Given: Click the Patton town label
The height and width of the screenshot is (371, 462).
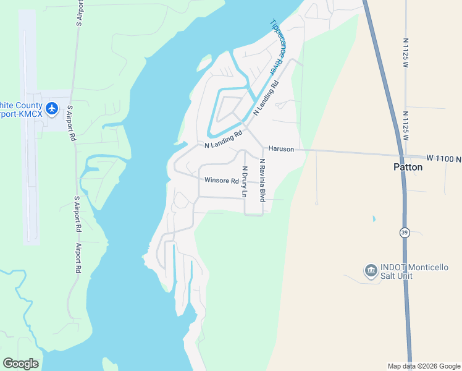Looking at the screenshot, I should (x=408, y=167).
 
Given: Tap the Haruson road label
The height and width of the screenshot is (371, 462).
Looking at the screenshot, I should (x=280, y=150).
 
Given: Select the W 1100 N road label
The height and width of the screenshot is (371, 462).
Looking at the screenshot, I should (x=443, y=159).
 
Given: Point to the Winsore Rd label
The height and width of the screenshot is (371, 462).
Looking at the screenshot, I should (x=222, y=181).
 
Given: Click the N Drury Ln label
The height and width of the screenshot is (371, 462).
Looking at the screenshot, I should (x=245, y=181).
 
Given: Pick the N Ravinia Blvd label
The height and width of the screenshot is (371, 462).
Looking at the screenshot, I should (x=262, y=180).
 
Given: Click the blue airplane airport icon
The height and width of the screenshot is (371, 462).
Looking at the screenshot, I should (x=51, y=109).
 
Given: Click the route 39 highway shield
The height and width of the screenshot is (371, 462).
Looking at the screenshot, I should (x=405, y=232).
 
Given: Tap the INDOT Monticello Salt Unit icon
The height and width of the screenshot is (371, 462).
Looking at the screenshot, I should (x=371, y=270).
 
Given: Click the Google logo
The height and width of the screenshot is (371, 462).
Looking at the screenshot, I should (x=20, y=364).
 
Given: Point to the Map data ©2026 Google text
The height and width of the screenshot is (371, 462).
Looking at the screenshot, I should (x=424, y=366).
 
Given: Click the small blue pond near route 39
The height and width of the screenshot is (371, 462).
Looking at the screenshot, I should (x=374, y=219).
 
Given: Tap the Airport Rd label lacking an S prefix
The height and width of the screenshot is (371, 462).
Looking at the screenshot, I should (x=78, y=258).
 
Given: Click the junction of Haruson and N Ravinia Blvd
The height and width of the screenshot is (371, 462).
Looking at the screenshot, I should (x=263, y=148).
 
